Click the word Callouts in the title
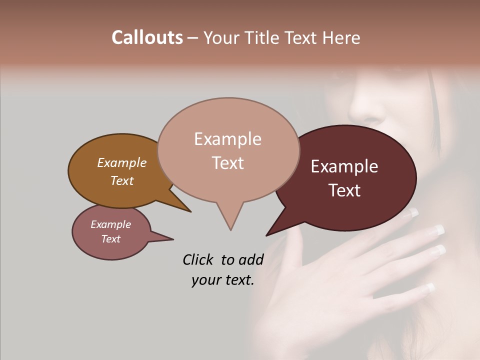pyautogui.click(x=147, y=37)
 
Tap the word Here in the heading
pyautogui.click(x=341, y=38)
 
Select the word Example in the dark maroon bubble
pyautogui.click(x=344, y=166)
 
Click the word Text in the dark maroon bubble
pyautogui.click(x=344, y=190)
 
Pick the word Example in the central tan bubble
pyautogui.click(x=227, y=139)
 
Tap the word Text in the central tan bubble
pyautogui.click(x=227, y=163)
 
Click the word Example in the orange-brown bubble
pyautogui.click(x=121, y=163)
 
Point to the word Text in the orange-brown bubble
pyautogui.click(x=121, y=181)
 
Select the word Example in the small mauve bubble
pyautogui.click(x=110, y=224)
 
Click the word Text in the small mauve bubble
pyautogui.click(x=110, y=239)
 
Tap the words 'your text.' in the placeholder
pyautogui.click(x=222, y=280)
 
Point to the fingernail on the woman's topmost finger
pyautogui.click(x=411, y=212)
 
